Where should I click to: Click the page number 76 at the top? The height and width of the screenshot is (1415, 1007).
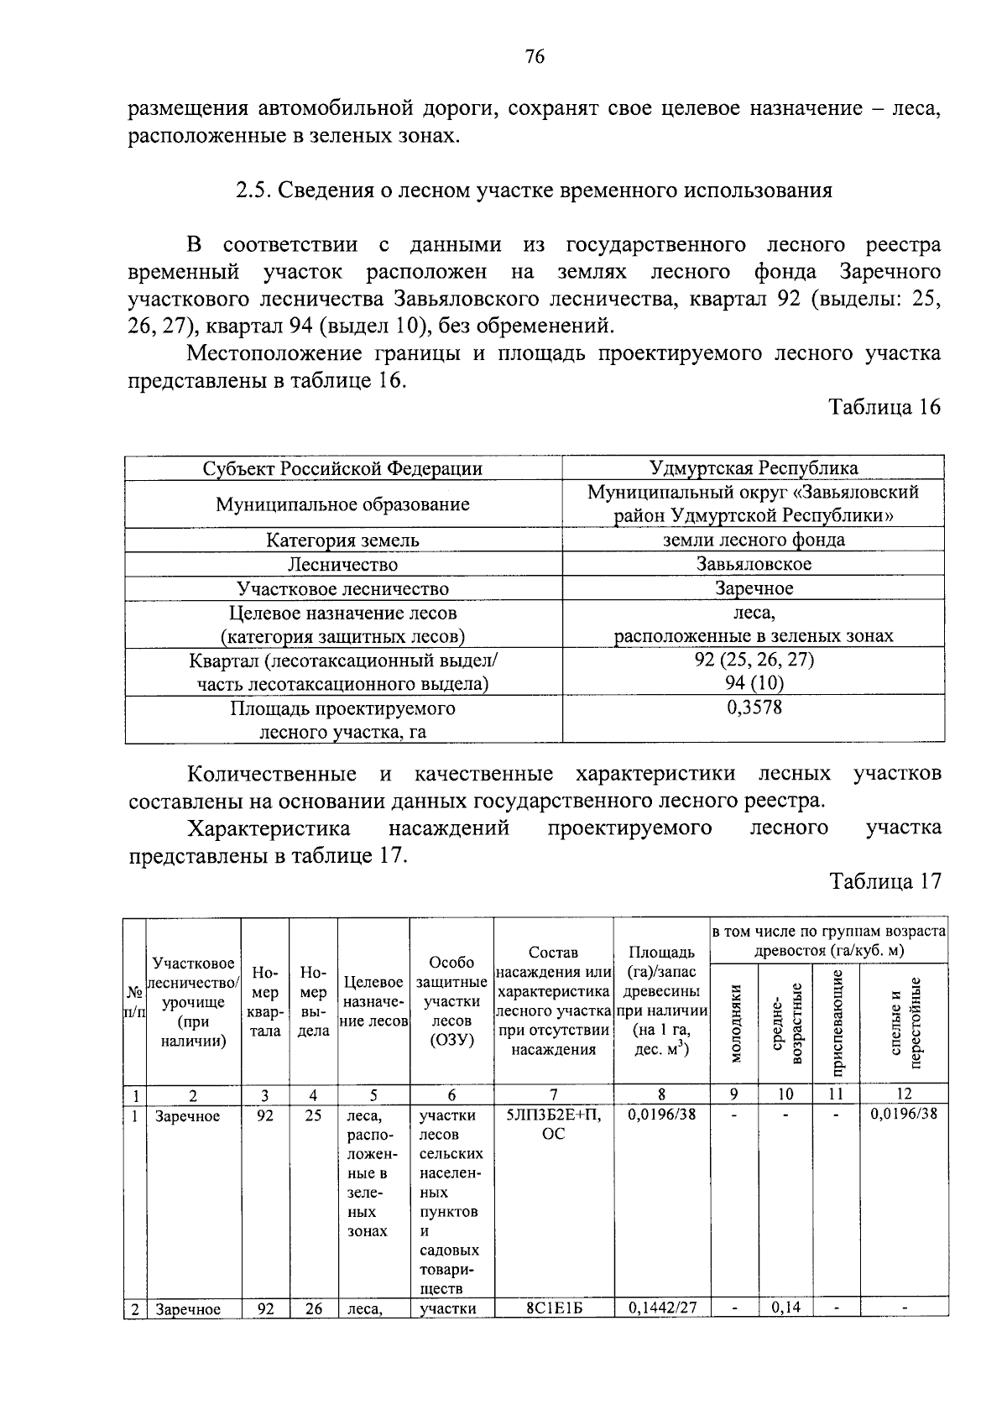(x=535, y=57)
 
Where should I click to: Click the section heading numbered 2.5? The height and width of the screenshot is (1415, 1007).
(x=534, y=190)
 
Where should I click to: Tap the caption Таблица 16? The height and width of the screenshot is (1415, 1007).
(x=884, y=407)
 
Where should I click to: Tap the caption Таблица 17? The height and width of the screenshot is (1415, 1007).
(x=884, y=881)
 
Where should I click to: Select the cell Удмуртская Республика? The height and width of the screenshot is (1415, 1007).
(x=754, y=467)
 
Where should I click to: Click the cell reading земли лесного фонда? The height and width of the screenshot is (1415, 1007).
(x=754, y=540)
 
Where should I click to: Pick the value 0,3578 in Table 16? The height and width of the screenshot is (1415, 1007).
(x=754, y=707)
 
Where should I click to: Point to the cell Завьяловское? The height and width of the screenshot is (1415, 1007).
(x=754, y=564)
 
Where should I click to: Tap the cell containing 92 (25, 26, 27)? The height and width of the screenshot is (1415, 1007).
(x=754, y=659)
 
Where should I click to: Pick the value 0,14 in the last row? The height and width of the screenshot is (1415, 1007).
(x=785, y=1308)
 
